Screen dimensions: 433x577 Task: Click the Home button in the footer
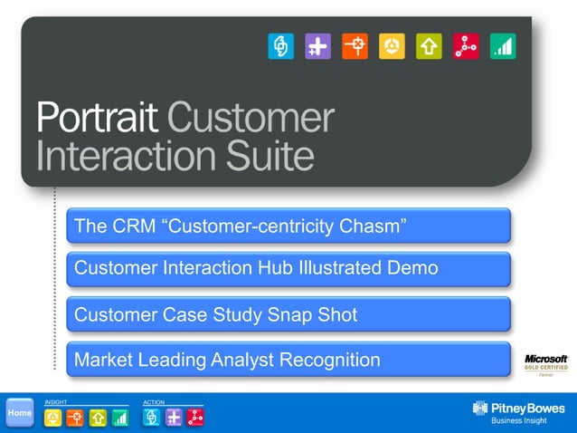(x=19, y=413)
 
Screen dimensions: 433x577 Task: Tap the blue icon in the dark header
(x=281, y=46)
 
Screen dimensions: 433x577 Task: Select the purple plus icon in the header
(x=317, y=46)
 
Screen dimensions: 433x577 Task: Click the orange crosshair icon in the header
(x=355, y=46)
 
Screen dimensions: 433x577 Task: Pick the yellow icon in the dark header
(x=392, y=46)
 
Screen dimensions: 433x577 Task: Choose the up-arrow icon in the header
(x=429, y=46)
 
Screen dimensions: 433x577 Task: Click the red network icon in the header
(x=466, y=46)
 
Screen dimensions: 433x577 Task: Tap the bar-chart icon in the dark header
(x=503, y=46)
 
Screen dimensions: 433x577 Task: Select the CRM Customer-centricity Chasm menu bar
(x=288, y=226)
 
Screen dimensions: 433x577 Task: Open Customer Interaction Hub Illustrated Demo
(x=288, y=269)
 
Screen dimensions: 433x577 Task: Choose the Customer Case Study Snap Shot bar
(x=288, y=314)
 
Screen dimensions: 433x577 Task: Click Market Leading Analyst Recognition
(x=288, y=360)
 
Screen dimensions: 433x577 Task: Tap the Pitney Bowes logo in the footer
(x=518, y=412)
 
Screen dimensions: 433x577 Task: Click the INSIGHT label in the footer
(x=55, y=401)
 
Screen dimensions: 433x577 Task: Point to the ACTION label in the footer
(x=154, y=401)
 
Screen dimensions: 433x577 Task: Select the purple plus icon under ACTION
(x=174, y=418)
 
